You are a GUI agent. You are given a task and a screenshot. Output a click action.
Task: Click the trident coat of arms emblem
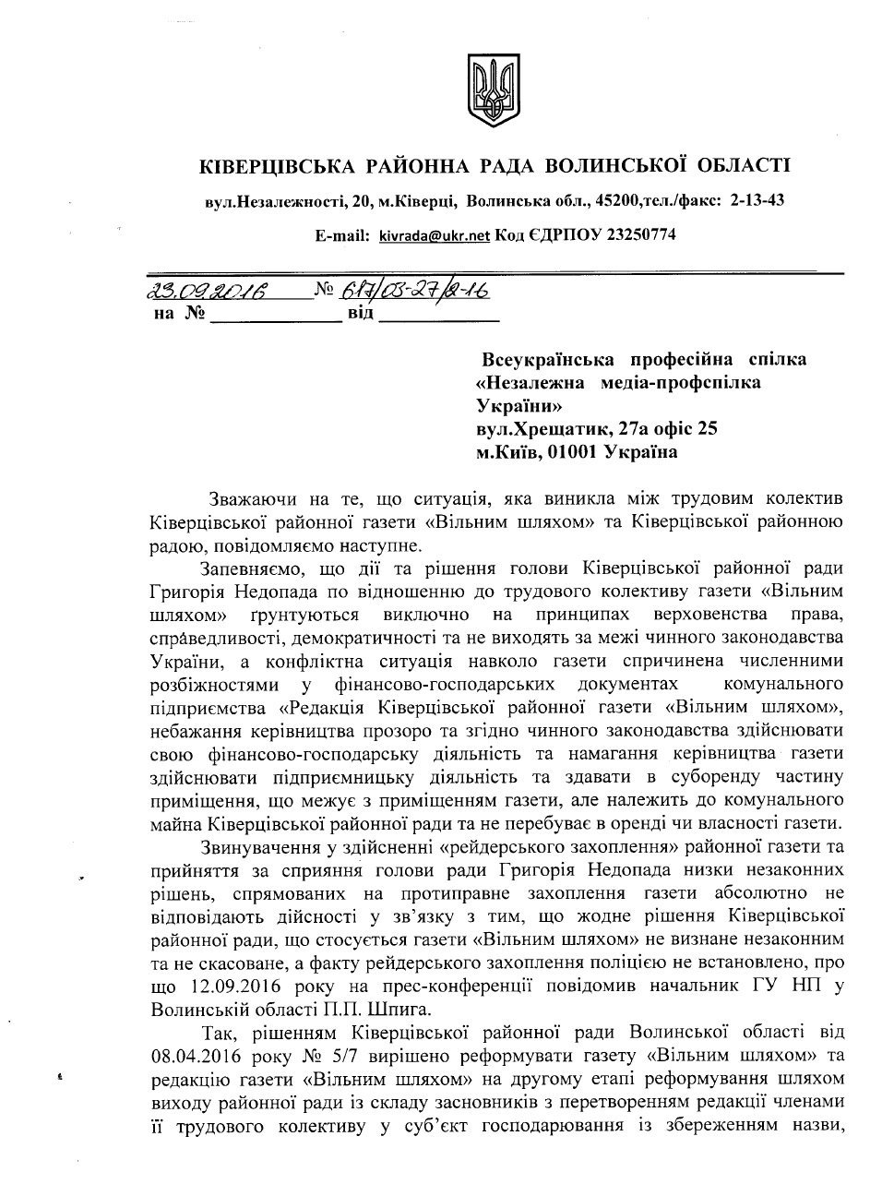[x=487, y=91]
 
